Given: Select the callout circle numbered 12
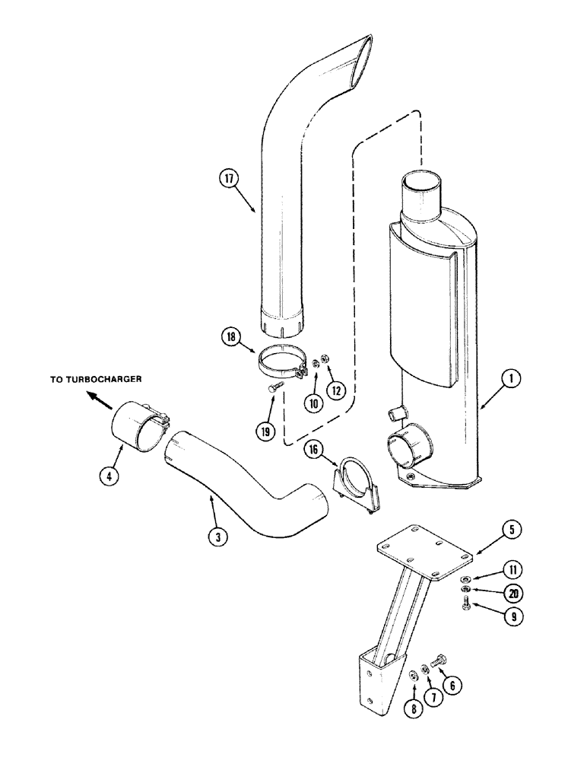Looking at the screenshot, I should (335, 389).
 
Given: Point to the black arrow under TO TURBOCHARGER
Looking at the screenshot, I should (97, 395).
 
